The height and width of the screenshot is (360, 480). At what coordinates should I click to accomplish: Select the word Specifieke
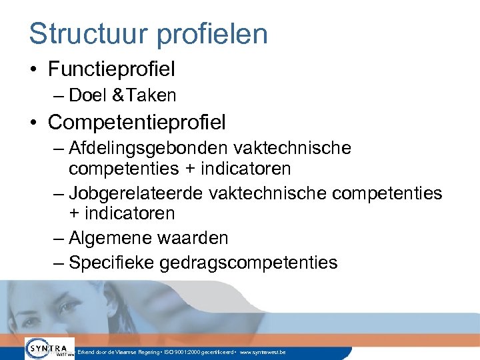[111, 263]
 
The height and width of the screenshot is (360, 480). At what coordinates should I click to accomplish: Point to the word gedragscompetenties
[249, 263]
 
